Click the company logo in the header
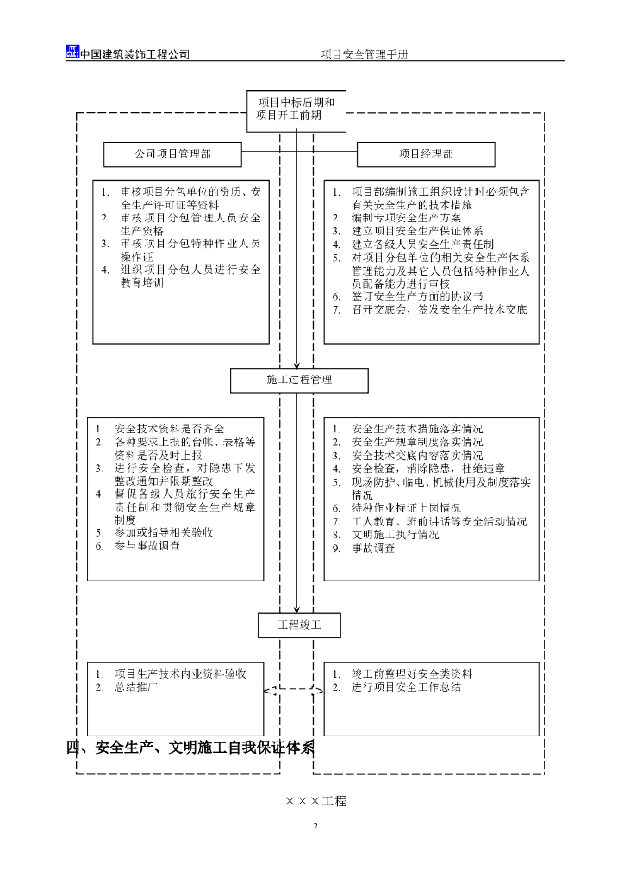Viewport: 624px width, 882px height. [x=72, y=52]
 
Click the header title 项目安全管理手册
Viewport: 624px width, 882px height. [x=365, y=53]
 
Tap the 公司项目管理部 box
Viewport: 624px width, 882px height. [x=172, y=155]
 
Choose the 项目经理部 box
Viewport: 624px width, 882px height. [x=426, y=155]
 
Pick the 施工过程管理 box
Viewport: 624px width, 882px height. [x=299, y=380]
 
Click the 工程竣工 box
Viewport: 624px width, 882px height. [x=299, y=625]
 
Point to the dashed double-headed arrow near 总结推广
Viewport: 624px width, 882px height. [x=293, y=690]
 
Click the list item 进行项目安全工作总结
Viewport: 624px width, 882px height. [x=406, y=687]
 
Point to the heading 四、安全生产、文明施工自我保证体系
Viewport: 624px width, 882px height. [x=191, y=747]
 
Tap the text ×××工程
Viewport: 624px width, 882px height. [x=315, y=801]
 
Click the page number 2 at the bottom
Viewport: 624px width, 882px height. [x=315, y=828]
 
